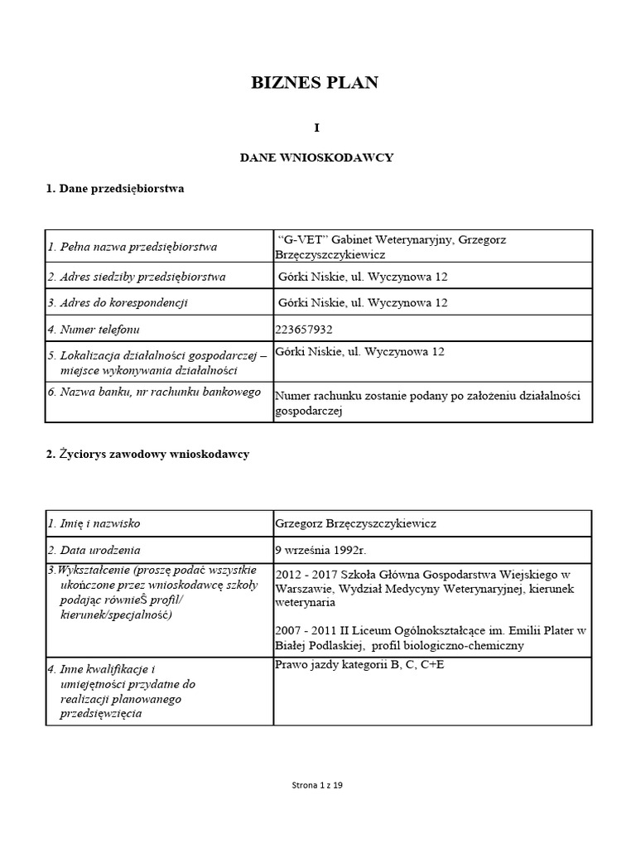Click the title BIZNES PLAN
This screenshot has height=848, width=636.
pyautogui.click(x=315, y=83)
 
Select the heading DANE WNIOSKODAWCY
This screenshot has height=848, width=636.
pyautogui.click(x=316, y=157)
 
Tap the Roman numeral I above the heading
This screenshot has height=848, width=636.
pyautogui.click(x=316, y=128)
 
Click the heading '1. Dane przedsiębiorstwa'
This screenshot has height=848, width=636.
pyautogui.click(x=115, y=189)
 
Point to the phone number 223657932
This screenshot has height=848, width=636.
pyautogui.click(x=303, y=330)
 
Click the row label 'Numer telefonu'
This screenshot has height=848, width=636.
pyautogui.click(x=90, y=330)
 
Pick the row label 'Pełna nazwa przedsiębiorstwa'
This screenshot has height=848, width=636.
pyautogui.click(x=132, y=247)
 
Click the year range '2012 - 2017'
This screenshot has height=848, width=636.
pyautogui.click(x=303, y=574)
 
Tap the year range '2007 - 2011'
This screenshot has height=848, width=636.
pyautogui.click(x=303, y=630)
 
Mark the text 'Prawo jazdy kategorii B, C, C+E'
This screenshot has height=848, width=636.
pyautogui.click(x=359, y=665)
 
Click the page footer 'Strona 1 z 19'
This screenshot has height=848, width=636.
pyautogui.click(x=318, y=786)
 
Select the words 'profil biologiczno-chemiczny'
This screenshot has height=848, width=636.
pyautogui.click(x=448, y=645)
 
